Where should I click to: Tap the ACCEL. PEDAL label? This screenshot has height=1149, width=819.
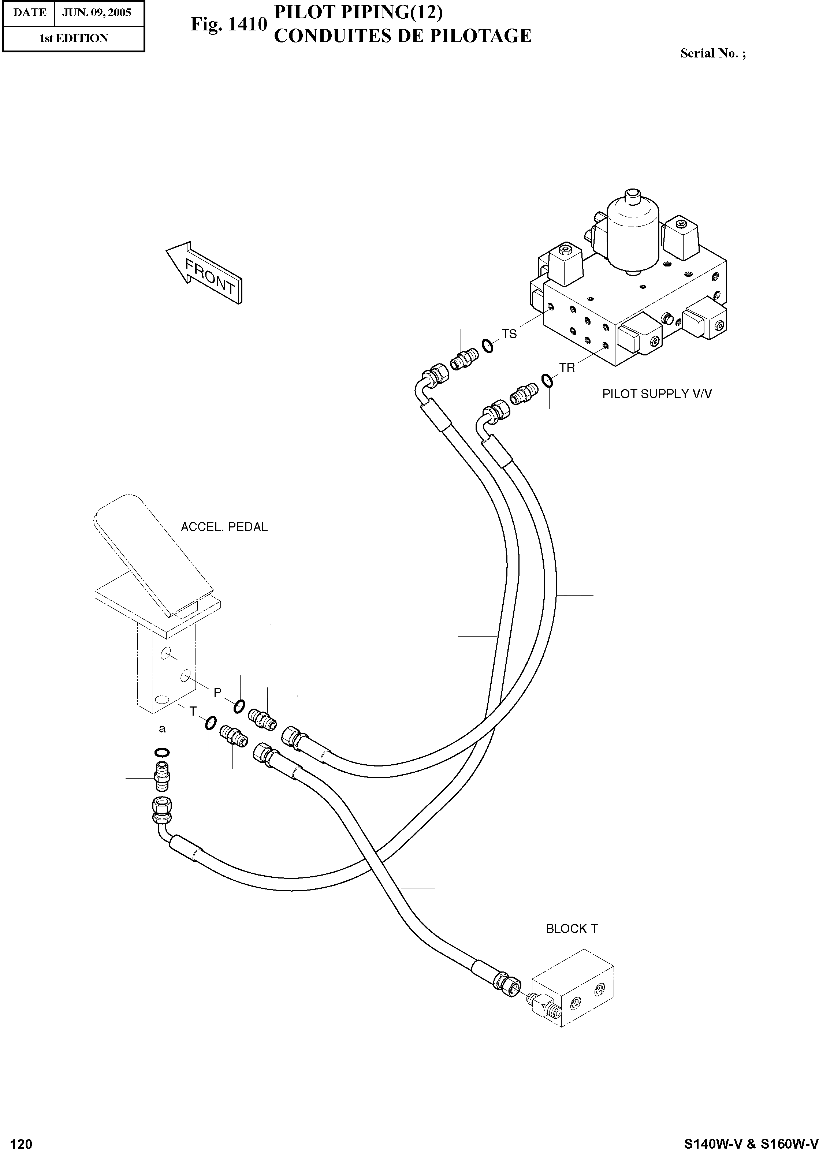[x=224, y=527]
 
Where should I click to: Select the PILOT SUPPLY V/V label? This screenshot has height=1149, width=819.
[x=656, y=394]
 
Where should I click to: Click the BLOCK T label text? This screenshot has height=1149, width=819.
[x=572, y=929]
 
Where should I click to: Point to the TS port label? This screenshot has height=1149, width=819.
[x=509, y=334]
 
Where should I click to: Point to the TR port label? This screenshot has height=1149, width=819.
[x=567, y=368]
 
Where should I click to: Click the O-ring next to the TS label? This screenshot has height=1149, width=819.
[x=487, y=346]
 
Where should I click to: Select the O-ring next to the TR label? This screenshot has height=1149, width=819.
[x=548, y=381]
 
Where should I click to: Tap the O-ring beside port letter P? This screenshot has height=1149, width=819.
[x=239, y=707]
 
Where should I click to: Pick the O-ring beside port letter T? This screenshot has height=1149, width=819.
[x=211, y=723]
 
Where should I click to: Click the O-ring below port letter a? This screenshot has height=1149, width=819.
[x=162, y=753]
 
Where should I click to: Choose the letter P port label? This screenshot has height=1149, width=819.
[x=217, y=693]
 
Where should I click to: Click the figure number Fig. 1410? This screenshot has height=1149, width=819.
[x=228, y=24]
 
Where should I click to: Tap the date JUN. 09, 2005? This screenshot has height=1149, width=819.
[x=96, y=12]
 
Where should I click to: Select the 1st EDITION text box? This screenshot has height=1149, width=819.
[x=74, y=38]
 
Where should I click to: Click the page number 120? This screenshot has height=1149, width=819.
[x=21, y=1141]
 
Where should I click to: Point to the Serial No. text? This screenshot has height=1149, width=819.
[x=712, y=53]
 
